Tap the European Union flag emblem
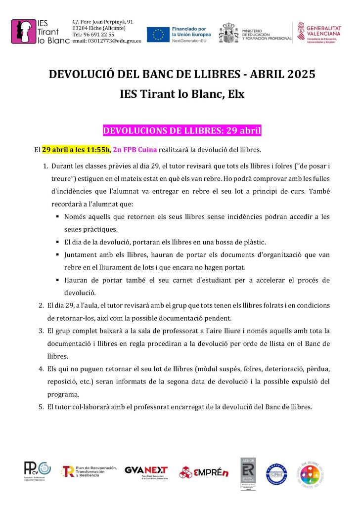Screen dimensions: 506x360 [158, 34]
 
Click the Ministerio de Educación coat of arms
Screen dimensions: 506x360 [229, 33]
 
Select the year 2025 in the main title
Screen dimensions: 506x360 [298, 75]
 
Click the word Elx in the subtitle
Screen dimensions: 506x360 [235, 93]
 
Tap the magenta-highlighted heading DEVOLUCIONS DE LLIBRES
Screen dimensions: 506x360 [181, 131]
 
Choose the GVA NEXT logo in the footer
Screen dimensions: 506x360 [146, 471]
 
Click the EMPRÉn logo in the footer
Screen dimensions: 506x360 [204, 472]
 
